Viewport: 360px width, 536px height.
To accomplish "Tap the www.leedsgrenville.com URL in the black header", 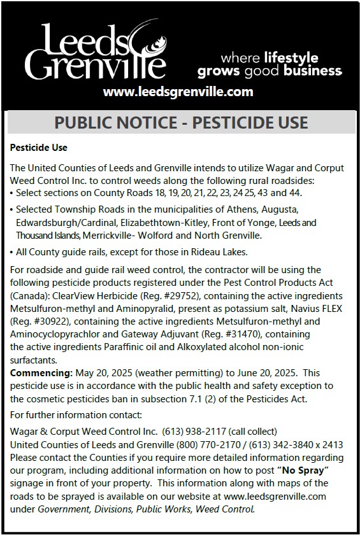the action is click(x=178, y=92).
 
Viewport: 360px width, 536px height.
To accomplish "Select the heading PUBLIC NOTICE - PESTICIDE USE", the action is click(x=180, y=122).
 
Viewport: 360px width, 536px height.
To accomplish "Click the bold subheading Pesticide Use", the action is click(x=38, y=148).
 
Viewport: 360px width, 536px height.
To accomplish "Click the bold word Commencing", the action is click(x=41, y=372).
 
